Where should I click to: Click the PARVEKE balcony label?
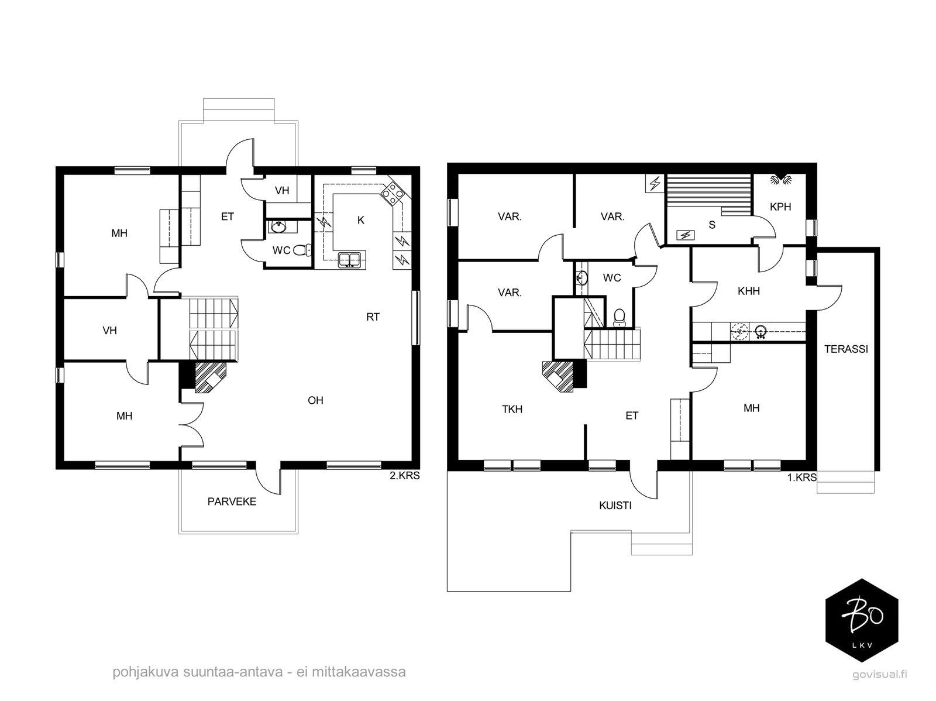(232, 502)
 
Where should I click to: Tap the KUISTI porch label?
(615, 506)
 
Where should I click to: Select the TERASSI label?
(846, 349)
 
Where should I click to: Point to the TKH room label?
(512, 410)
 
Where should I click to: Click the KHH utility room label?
(749, 291)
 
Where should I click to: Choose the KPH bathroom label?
(780, 207)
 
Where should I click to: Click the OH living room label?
(315, 400)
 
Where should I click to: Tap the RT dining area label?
(373, 317)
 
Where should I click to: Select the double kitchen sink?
(349, 260)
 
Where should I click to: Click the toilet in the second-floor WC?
(303, 250)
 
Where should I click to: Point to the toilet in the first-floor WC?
(619, 318)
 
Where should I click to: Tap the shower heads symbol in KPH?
(781, 180)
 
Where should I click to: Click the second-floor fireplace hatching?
(210, 377)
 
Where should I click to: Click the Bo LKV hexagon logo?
(862, 620)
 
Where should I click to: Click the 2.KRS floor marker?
(405, 476)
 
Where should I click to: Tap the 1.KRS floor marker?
(801, 477)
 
